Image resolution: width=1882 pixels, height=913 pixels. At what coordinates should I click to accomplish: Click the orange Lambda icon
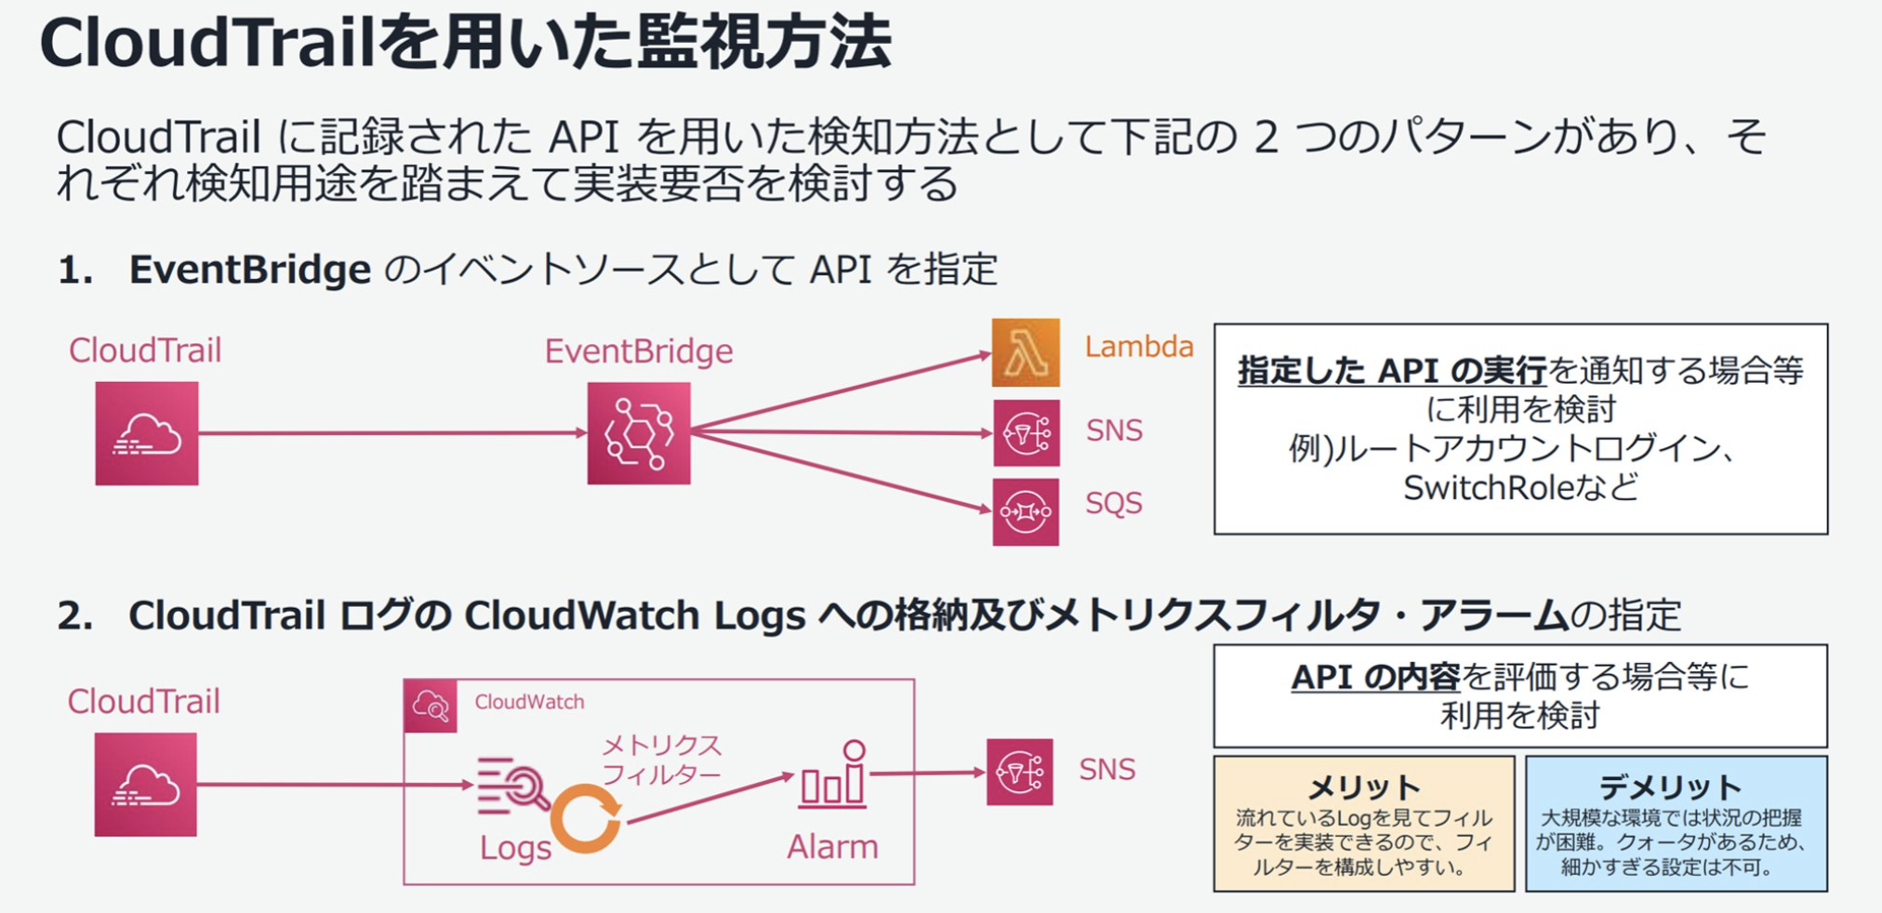point(1026,352)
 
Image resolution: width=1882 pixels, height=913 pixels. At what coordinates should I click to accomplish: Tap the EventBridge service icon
point(639,433)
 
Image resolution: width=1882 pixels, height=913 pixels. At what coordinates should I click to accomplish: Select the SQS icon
point(1026,511)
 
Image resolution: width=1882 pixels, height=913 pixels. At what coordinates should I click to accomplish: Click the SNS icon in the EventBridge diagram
point(1026,433)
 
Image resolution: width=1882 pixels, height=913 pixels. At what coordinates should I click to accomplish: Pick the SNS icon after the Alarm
point(1019,772)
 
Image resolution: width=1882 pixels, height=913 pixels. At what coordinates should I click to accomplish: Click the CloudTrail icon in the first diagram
point(147,433)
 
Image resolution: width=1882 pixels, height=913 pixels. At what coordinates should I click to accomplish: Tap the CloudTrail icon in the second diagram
point(145,785)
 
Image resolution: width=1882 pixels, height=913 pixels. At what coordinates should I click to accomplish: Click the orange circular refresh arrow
point(585,819)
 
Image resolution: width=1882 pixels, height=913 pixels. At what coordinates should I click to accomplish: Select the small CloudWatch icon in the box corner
point(431,706)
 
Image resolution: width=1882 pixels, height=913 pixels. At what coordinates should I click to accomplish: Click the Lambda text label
point(1138,347)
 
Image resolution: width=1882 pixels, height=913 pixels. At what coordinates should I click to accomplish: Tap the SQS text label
point(1113,503)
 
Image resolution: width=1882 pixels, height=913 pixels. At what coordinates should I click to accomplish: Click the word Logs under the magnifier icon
point(515,848)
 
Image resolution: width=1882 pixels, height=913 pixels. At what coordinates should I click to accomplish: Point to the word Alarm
point(832,847)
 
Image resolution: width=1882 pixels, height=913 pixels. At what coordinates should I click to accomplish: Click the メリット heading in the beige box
point(1364,787)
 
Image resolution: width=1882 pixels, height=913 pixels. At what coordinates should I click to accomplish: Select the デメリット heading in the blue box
point(1670,787)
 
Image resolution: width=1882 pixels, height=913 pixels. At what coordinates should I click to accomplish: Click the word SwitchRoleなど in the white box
point(1519,487)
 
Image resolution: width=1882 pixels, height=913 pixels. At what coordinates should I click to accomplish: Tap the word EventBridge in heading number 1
point(249,270)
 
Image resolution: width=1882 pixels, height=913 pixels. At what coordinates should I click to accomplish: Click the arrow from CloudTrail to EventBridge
point(391,433)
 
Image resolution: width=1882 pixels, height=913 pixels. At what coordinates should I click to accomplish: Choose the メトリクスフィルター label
point(661,760)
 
